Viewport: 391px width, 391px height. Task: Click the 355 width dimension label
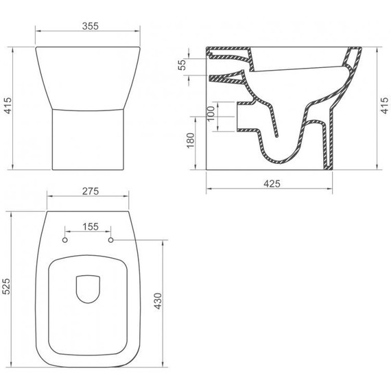[x=91, y=26]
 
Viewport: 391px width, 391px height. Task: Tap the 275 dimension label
[x=91, y=191]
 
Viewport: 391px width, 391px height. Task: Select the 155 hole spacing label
[x=91, y=226]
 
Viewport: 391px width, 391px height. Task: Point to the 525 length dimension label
[x=6, y=286]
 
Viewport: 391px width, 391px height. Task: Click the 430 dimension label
[x=158, y=301]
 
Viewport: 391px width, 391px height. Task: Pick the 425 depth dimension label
[x=272, y=184]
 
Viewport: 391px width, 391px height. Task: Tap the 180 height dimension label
[x=191, y=141]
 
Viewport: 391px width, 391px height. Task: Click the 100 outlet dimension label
[x=211, y=113]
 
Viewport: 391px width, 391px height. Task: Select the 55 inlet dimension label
[x=182, y=64]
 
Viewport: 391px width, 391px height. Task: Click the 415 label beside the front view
[x=8, y=106]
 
